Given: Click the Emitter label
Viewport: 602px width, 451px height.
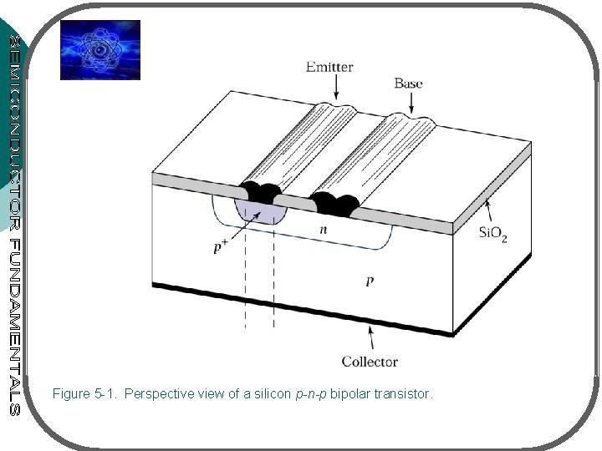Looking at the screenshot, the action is [329, 66].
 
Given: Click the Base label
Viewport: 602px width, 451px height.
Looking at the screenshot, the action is [408, 83].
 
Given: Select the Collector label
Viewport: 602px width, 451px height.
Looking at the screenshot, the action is [370, 362].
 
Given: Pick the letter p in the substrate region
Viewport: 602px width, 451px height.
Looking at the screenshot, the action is [370, 282].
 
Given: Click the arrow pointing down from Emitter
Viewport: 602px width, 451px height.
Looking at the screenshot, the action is [335, 87].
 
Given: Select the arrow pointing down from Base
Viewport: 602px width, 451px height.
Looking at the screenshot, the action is [411, 102].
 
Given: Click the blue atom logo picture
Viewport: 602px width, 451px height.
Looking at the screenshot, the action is [99, 49].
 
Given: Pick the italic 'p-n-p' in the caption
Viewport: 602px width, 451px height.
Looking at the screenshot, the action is [312, 393].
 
